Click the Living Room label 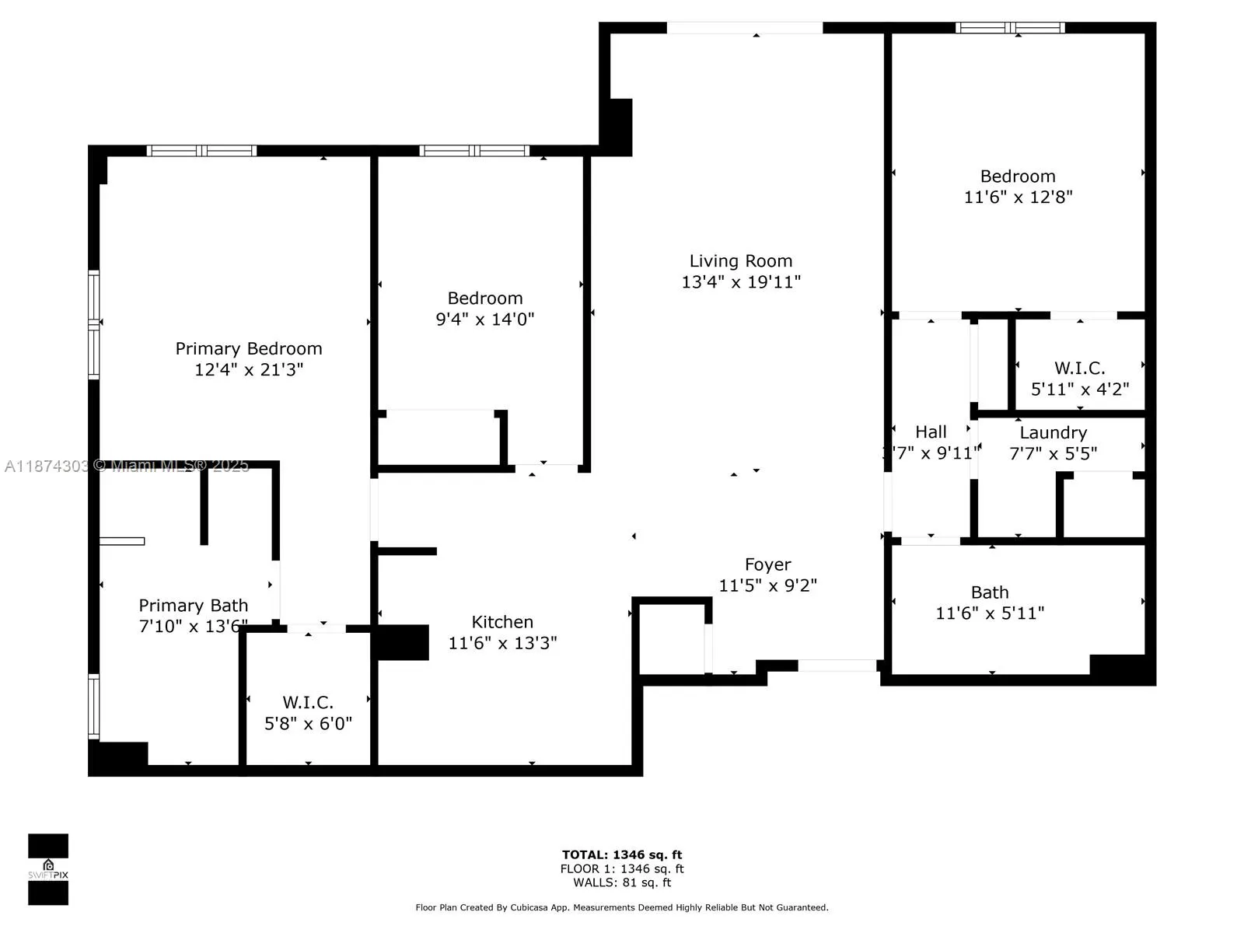coord(740,261)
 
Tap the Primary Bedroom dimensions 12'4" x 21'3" coord(249,369)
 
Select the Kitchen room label coord(502,622)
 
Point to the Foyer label coord(767,564)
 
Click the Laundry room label coord(1053,433)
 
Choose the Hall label coord(931,432)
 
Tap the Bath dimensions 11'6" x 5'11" coord(990,613)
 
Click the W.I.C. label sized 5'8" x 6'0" coord(308,703)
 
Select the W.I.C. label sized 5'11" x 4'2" coord(1079,369)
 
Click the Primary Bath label coord(193,606)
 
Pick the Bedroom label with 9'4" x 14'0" coord(485,299)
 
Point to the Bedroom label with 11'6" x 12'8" coord(1018,176)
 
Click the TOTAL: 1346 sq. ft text coord(622,854)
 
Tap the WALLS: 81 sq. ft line coord(622,882)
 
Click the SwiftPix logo coord(48,869)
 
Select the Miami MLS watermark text coord(128,466)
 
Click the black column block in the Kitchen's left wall coord(402,643)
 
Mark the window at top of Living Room coord(744,28)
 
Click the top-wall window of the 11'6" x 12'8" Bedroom coord(1009,28)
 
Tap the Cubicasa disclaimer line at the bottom coord(622,907)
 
